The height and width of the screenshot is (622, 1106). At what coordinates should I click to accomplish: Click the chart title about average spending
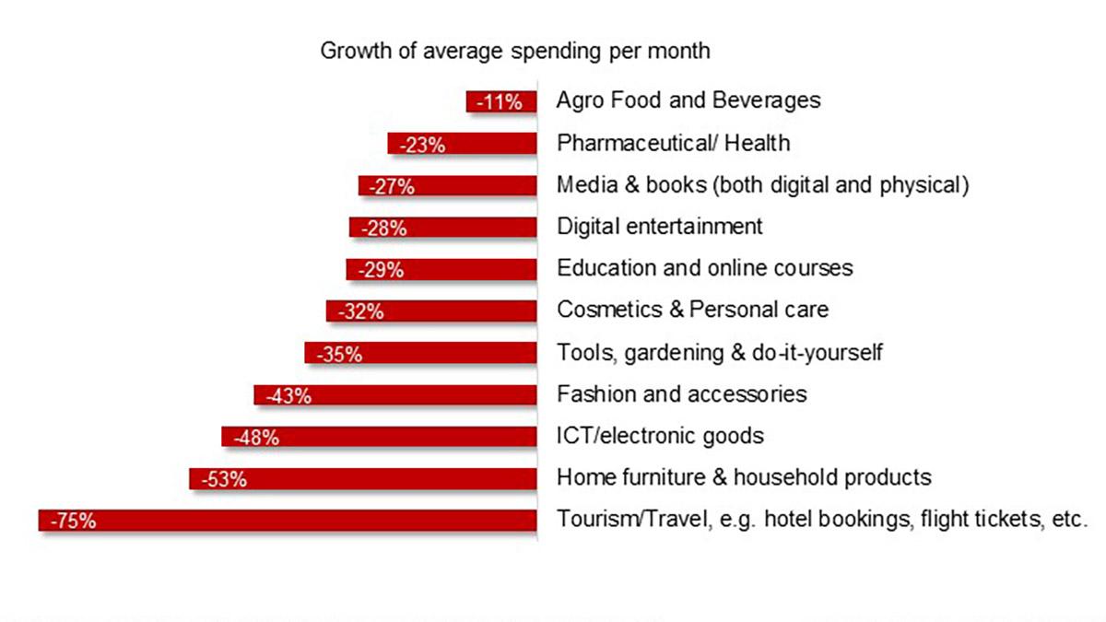click(514, 51)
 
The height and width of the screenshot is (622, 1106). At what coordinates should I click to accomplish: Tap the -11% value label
click(500, 102)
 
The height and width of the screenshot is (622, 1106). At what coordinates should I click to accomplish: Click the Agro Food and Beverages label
click(688, 100)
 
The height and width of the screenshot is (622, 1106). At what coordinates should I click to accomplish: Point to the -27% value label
click(393, 187)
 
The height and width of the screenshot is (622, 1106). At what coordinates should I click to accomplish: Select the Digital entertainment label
click(660, 226)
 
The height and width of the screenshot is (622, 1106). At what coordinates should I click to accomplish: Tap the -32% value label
click(361, 312)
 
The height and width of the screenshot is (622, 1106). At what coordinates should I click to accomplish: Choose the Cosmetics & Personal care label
click(692, 310)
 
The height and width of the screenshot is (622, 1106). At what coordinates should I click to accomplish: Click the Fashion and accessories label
click(682, 394)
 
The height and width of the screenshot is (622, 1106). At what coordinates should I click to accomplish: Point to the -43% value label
click(289, 396)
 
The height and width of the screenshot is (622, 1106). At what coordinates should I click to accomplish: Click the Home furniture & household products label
click(744, 477)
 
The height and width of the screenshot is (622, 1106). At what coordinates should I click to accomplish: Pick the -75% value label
click(74, 522)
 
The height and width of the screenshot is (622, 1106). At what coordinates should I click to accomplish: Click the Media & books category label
click(762, 184)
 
